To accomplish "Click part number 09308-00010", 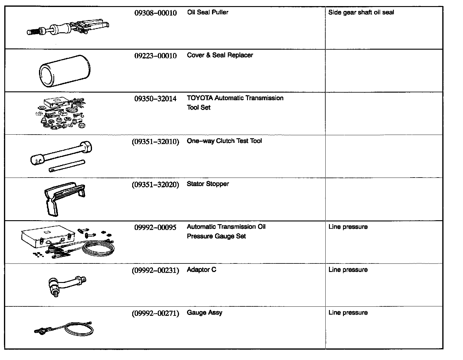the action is (x=155, y=13).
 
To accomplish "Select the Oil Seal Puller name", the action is (x=207, y=12).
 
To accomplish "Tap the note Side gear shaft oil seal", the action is (x=361, y=12).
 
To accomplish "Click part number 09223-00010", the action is (x=155, y=56).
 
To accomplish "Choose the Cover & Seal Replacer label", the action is (x=220, y=55).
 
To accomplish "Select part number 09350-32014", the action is (x=155, y=99).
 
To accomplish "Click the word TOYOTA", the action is (x=200, y=98).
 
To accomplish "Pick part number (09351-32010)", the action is (x=155, y=142).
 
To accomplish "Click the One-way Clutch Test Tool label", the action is (x=224, y=141).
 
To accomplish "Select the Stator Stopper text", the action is (x=208, y=184).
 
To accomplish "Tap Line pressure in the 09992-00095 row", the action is (x=348, y=227).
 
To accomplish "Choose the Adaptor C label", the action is (x=201, y=270).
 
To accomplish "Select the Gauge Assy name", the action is (x=204, y=313).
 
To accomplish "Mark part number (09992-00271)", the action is (x=155, y=313).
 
